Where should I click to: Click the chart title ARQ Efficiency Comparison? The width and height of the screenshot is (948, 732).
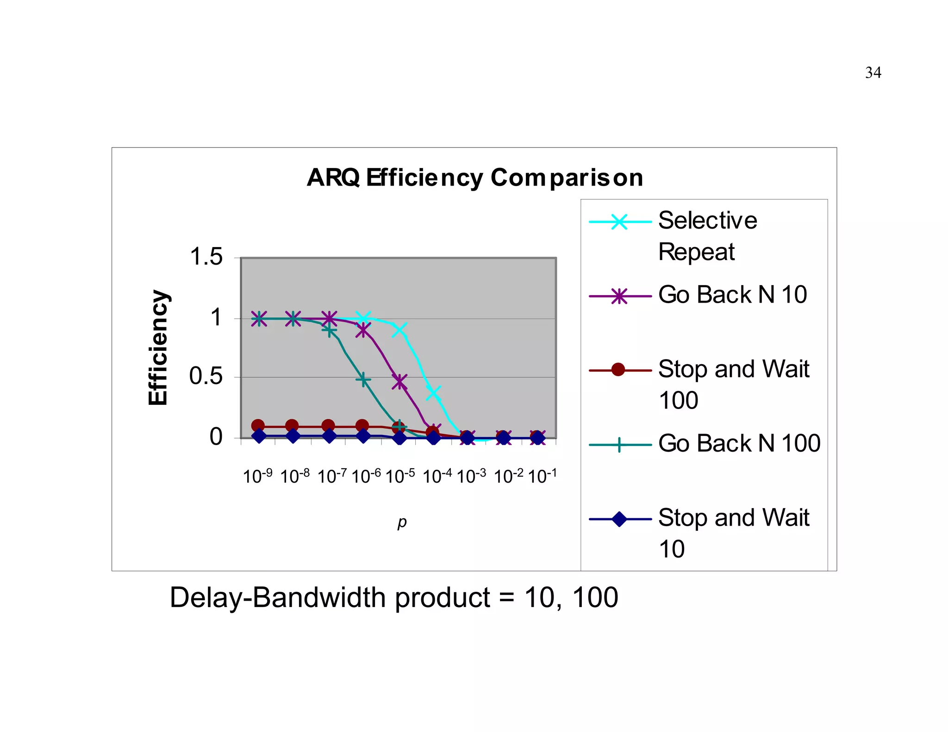pyautogui.click(x=475, y=178)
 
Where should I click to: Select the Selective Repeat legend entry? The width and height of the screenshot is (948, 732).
pyautogui.click(x=707, y=236)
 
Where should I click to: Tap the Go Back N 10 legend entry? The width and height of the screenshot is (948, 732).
pyautogui.click(x=732, y=295)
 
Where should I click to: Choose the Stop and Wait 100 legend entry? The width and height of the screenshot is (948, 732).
pyautogui.click(x=733, y=384)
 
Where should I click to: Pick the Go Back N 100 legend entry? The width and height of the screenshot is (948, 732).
pyautogui.click(x=739, y=443)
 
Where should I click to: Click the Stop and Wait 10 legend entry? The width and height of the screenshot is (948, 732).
pyautogui.click(x=733, y=533)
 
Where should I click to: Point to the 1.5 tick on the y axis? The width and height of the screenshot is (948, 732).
pyautogui.click(x=206, y=257)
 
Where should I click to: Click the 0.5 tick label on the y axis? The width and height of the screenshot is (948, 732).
pyautogui.click(x=206, y=376)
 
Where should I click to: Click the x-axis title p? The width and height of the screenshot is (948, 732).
pyautogui.click(x=402, y=522)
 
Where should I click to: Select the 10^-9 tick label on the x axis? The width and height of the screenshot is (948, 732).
pyautogui.click(x=257, y=476)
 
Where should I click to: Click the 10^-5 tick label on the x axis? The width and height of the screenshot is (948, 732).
pyautogui.click(x=400, y=476)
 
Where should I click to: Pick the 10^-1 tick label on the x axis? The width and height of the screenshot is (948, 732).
pyautogui.click(x=542, y=476)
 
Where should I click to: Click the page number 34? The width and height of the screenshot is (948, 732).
pyautogui.click(x=873, y=73)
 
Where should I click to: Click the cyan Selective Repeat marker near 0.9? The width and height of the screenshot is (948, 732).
pyautogui.click(x=399, y=330)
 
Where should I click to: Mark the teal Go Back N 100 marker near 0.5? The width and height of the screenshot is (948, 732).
pyautogui.click(x=363, y=379)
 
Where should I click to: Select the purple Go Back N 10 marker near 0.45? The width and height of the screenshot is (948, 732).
pyautogui.click(x=399, y=382)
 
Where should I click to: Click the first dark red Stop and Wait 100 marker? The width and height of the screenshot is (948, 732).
pyautogui.click(x=258, y=426)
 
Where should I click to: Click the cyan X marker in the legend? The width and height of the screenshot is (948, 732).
pyautogui.click(x=619, y=222)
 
